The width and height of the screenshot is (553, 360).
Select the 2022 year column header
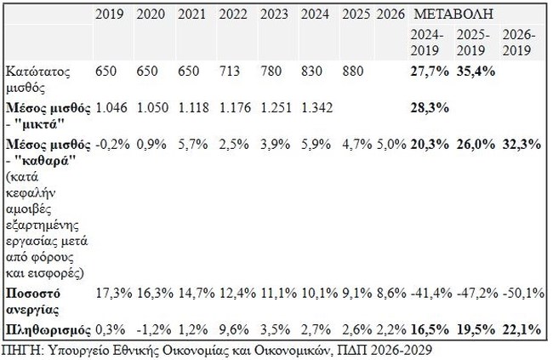tap(235, 15)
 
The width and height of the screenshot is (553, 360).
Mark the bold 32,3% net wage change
tap(522, 144)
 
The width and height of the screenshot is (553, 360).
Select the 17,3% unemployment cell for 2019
tap(111, 292)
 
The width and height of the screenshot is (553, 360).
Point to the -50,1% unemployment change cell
tap(522, 292)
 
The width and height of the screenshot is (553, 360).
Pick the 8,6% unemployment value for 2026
tap(391, 292)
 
